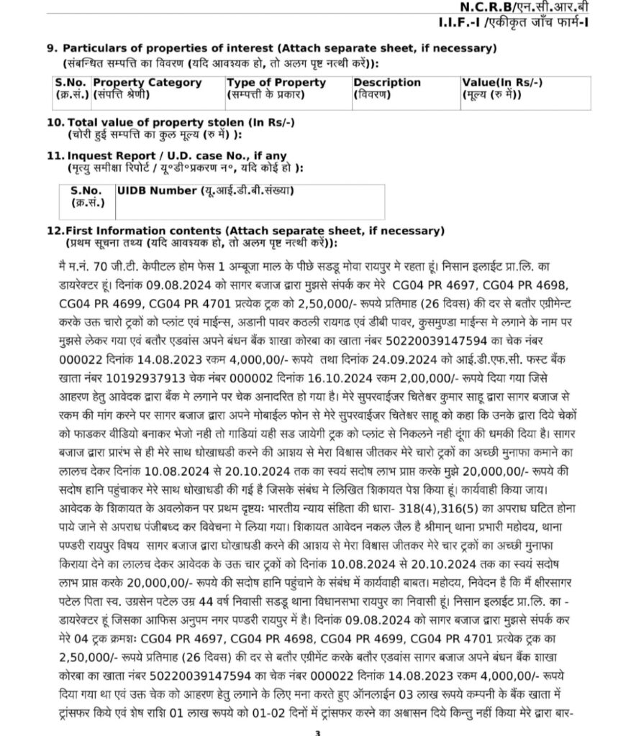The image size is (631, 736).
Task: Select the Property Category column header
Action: [147, 83]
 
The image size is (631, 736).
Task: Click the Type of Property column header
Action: [276, 83]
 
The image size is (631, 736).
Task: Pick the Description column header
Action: [387, 83]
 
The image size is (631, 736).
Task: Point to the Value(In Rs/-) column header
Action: [502, 83]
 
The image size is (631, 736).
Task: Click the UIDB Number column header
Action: [157, 190]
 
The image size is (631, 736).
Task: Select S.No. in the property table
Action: [71, 83]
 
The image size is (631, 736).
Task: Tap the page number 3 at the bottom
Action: [317, 732]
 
